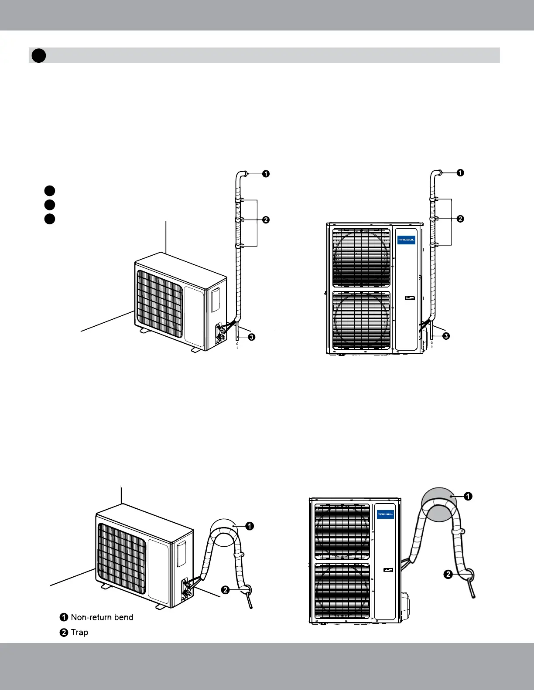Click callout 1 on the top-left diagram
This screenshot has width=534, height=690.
click(x=266, y=174)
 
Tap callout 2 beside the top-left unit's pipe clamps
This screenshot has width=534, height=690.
click(x=266, y=220)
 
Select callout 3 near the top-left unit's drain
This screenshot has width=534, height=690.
click(x=251, y=337)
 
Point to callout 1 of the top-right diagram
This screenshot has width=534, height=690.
click(x=460, y=172)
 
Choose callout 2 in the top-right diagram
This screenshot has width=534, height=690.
click(x=460, y=219)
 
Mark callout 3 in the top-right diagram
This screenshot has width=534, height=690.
click(x=446, y=336)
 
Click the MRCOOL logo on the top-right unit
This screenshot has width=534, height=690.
click(x=406, y=240)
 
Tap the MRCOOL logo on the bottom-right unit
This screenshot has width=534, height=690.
click(x=385, y=514)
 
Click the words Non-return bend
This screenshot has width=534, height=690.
click(x=102, y=617)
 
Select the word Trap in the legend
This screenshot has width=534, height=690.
click(x=79, y=632)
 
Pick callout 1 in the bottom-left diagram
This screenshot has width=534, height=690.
click(x=249, y=526)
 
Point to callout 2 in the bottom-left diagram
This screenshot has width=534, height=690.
click(x=225, y=590)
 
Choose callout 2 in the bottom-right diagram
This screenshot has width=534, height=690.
click(x=448, y=575)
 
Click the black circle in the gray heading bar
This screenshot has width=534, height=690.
click(x=39, y=55)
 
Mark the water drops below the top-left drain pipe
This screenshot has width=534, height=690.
click(x=237, y=345)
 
